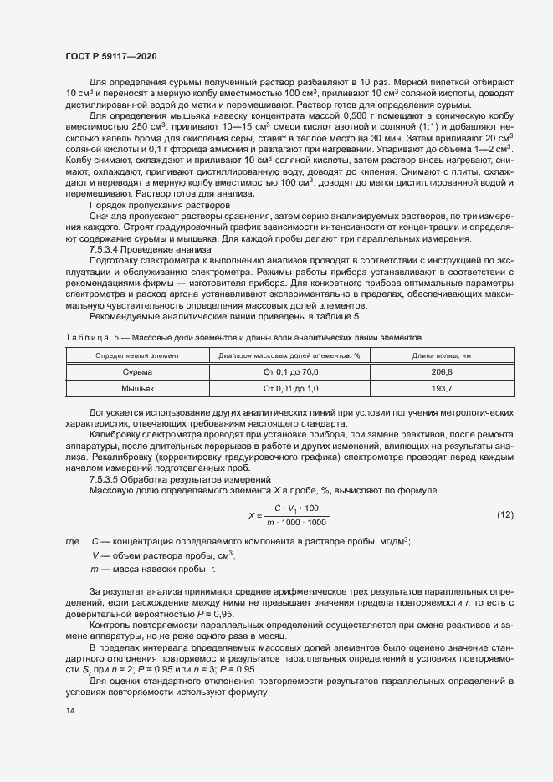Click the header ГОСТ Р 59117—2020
point(110,55)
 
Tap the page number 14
point(69,710)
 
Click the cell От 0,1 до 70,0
point(290,371)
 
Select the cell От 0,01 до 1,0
point(290,389)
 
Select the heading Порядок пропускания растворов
point(158,205)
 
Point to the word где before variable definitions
point(72,542)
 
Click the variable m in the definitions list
point(95,569)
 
